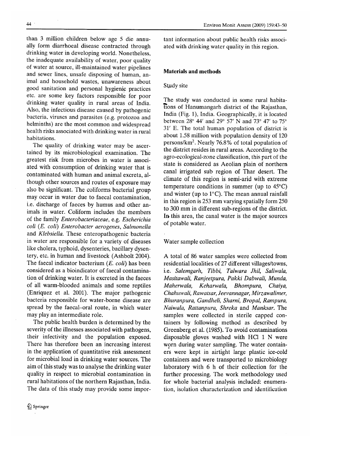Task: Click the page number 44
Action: point(29,24)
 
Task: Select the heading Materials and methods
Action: point(192,71)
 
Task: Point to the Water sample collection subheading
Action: point(194,242)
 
